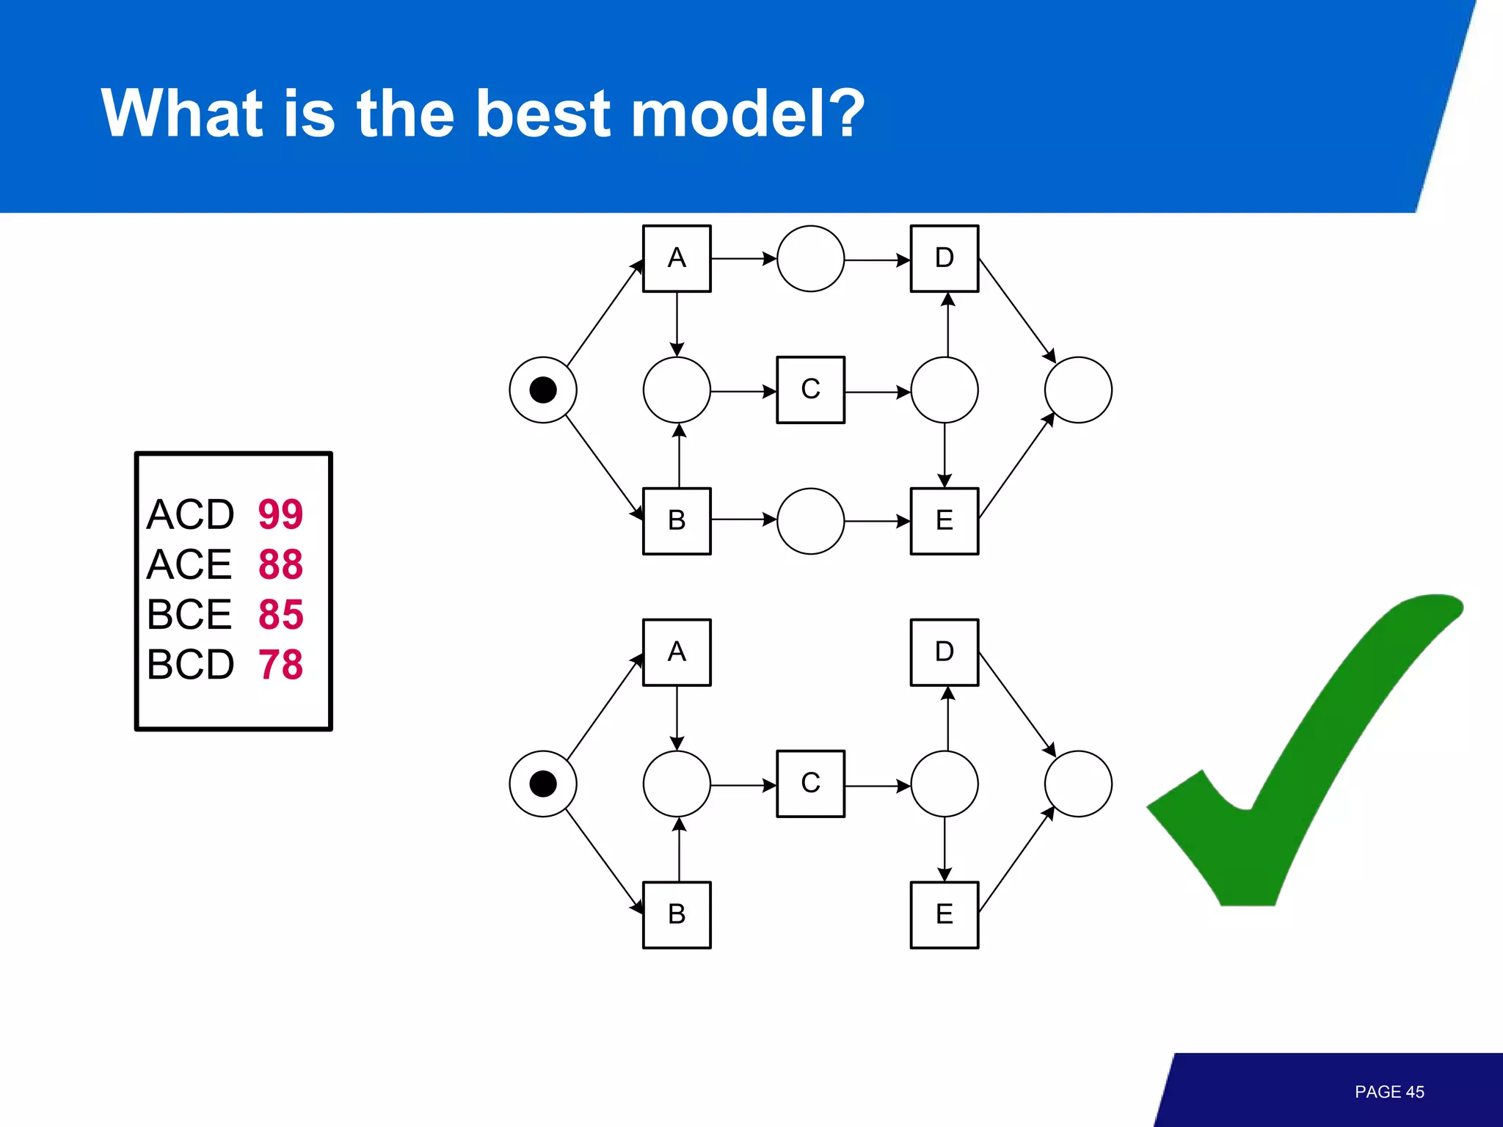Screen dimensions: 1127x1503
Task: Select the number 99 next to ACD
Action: [x=280, y=514]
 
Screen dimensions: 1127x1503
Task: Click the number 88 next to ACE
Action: [x=280, y=564]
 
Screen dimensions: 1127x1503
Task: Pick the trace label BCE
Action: [x=189, y=614]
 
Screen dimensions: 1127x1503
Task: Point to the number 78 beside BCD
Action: [x=280, y=665]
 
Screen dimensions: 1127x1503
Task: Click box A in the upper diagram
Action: [x=677, y=258]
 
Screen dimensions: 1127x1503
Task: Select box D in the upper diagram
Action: [x=945, y=258]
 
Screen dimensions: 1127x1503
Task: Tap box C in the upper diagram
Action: [x=810, y=390]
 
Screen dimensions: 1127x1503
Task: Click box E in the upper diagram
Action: [x=945, y=521]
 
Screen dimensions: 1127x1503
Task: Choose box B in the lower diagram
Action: [x=677, y=915]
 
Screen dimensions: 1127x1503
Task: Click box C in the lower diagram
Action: [x=810, y=784]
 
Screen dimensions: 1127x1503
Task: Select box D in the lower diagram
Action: [x=945, y=652]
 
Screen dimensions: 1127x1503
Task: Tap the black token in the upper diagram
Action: [x=543, y=390]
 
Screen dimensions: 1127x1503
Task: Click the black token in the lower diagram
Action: [x=543, y=784]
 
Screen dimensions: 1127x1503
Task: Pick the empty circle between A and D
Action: [x=810, y=258]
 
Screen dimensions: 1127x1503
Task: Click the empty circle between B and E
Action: [x=810, y=521]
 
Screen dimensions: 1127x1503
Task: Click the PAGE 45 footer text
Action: [x=1389, y=1092]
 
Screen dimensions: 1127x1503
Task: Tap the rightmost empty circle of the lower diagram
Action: [x=1078, y=784]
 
